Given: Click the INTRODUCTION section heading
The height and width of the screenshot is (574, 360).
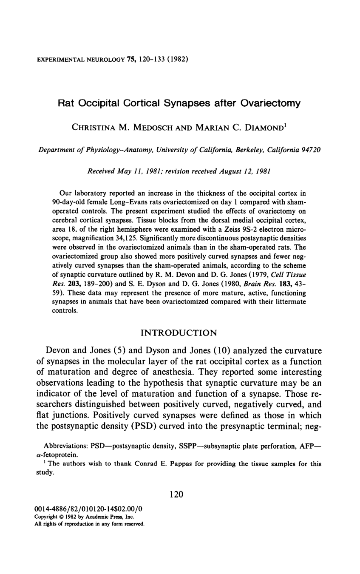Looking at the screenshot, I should (179, 332).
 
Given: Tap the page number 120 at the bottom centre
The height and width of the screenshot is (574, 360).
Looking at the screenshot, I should (176, 494).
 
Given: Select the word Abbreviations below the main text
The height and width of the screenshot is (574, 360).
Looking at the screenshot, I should (65, 447).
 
